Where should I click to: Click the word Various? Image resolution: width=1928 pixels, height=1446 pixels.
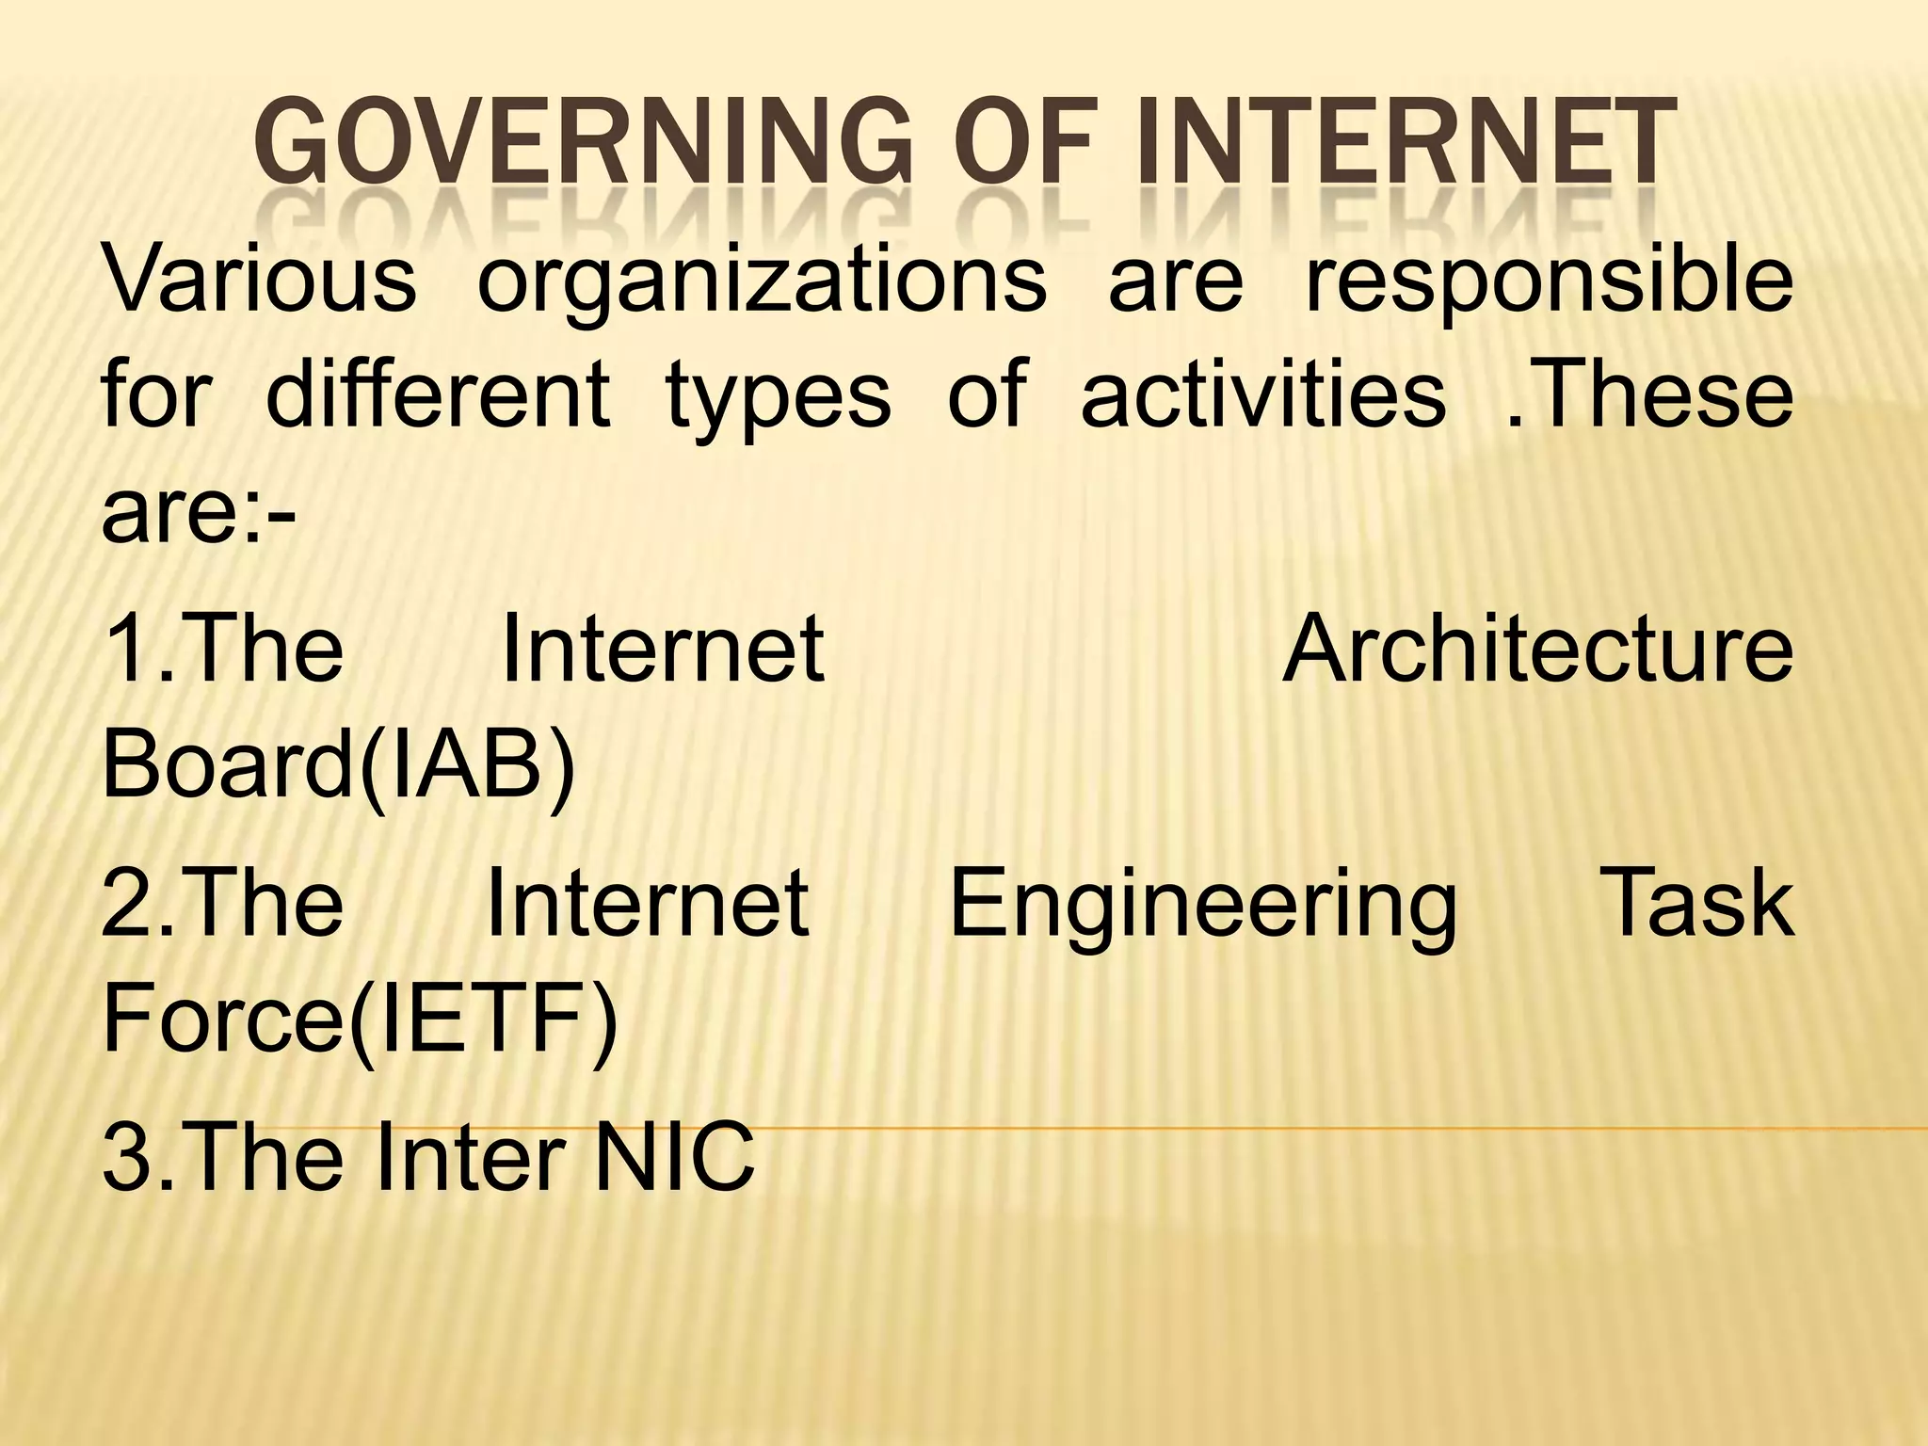pyautogui.click(x=259, y=279)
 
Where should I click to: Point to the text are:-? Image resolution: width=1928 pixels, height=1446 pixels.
pyautogui.click(x=199, y=513)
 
